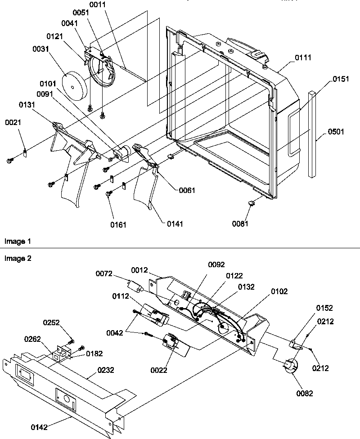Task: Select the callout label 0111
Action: click(x=303, y=58)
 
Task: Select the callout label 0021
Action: click(x=13, y=122)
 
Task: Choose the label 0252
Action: click(x=51, y=323)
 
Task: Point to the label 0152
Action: click(x=324, y=308)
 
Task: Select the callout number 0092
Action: click(x=216, y=265)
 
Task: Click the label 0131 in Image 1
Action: click(x=28, y=104)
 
